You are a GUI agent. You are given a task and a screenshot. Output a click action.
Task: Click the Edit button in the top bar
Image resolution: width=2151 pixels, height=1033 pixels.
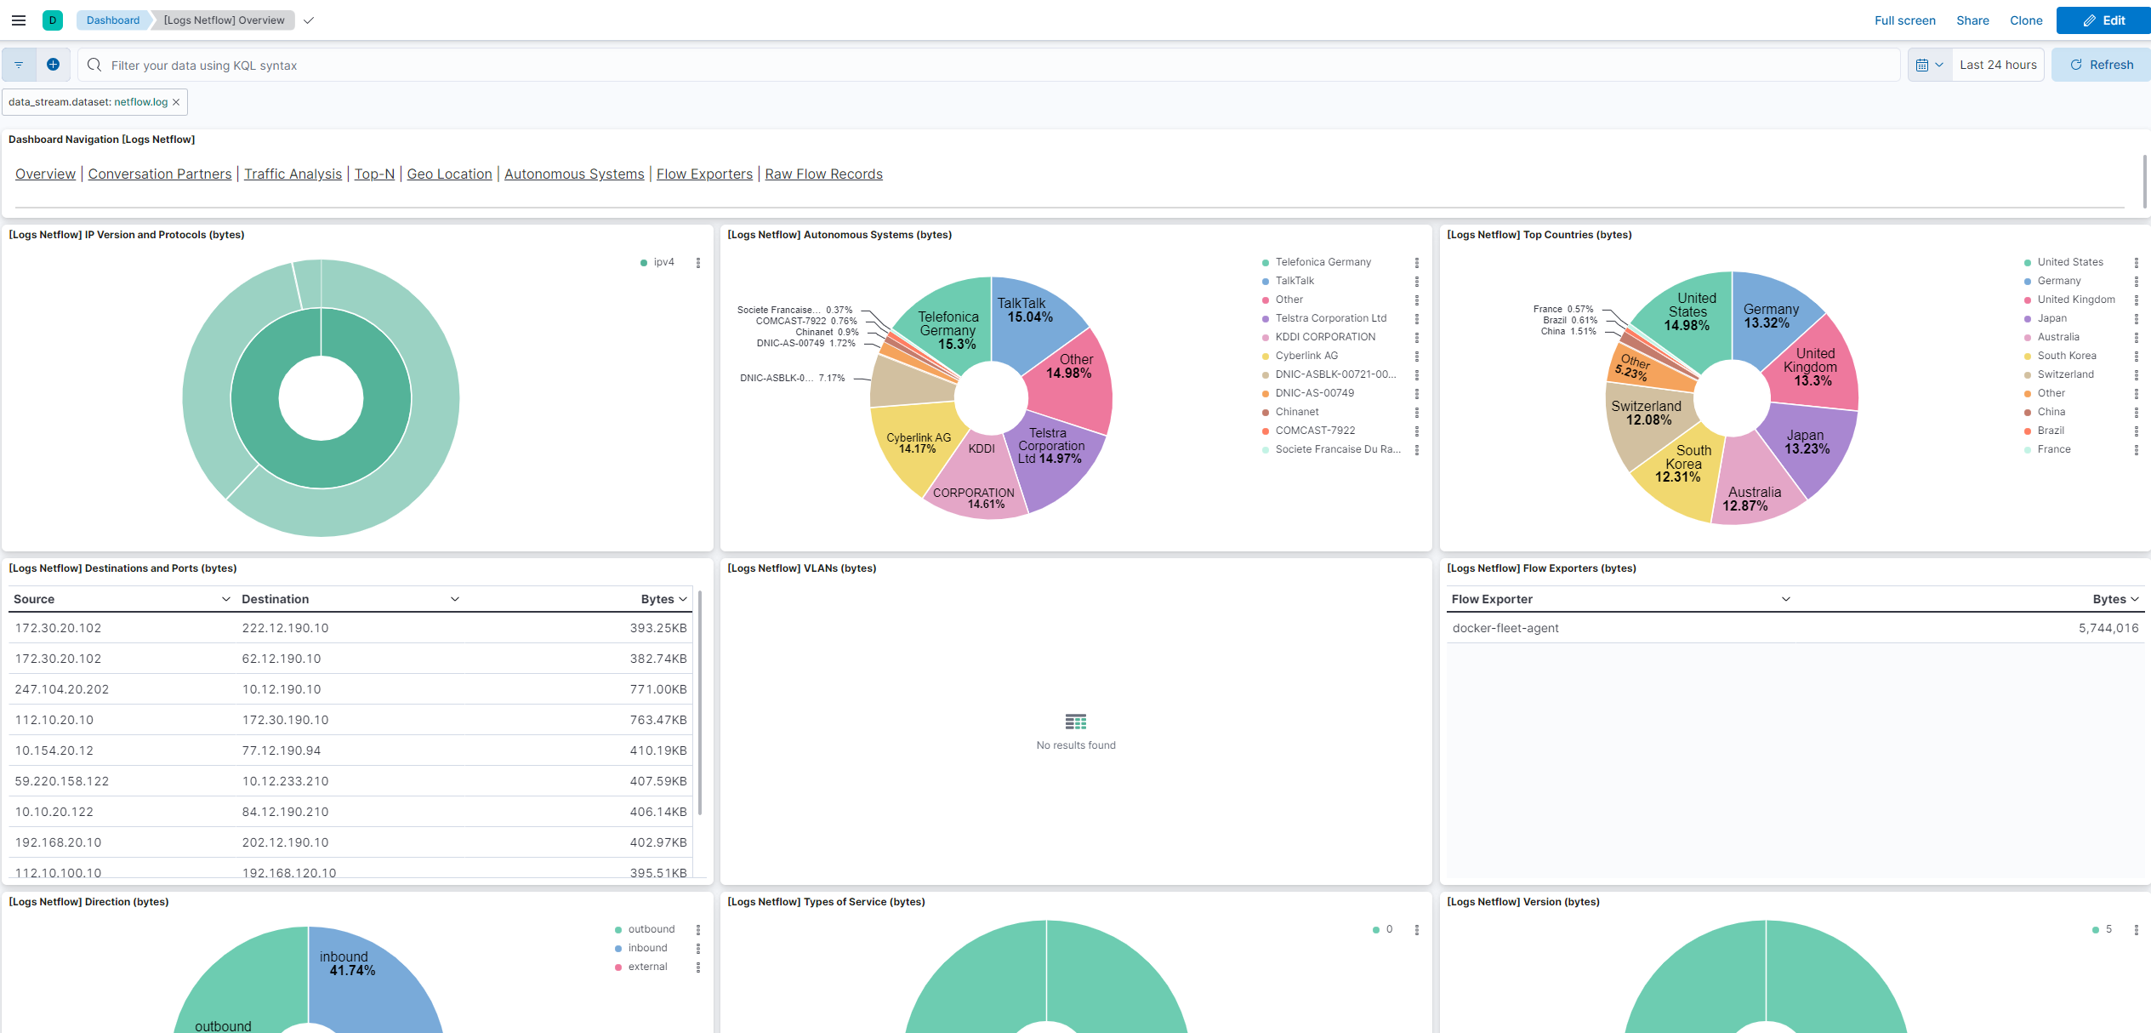[x=2103, y=20]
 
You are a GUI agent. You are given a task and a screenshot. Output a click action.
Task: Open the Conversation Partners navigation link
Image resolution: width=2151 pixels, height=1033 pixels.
[x=160, y=174]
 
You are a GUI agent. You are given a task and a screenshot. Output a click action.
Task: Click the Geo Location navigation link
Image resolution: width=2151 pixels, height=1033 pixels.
[x=449, y=174]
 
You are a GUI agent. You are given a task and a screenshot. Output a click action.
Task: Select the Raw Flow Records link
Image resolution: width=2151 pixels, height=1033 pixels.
[x=823, y=174]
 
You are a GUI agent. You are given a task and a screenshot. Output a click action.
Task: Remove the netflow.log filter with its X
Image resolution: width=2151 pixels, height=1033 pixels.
[x=176, y=102]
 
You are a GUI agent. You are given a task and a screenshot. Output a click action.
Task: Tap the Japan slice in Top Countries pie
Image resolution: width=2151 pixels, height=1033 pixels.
[x=1807, y=447]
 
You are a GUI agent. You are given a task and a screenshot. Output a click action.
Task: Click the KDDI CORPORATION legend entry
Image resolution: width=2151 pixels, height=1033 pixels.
[x=1324, y=337]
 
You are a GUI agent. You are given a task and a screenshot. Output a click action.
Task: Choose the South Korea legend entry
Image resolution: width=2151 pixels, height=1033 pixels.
[x=2066, y=356]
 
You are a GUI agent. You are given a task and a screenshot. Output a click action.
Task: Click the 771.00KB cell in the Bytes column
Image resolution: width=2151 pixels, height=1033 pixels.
[x=657, y=689]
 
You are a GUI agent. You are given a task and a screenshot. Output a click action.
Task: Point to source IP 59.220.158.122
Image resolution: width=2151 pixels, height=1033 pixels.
[x=62, y=781]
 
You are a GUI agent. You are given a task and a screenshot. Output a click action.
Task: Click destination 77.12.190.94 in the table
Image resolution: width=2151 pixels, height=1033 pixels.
[x=285, y=750]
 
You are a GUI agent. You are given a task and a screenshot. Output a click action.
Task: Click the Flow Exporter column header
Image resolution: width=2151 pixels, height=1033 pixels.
[x=1492, y=599]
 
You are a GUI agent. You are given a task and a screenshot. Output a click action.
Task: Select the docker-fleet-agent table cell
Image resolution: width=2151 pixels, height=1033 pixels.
[x=1505, y=628]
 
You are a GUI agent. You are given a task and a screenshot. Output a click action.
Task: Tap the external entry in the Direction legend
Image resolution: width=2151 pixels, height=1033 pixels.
[x=647, y=967]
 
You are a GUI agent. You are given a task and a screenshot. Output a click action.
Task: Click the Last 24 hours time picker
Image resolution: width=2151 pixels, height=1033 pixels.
[x=1997, y=65]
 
